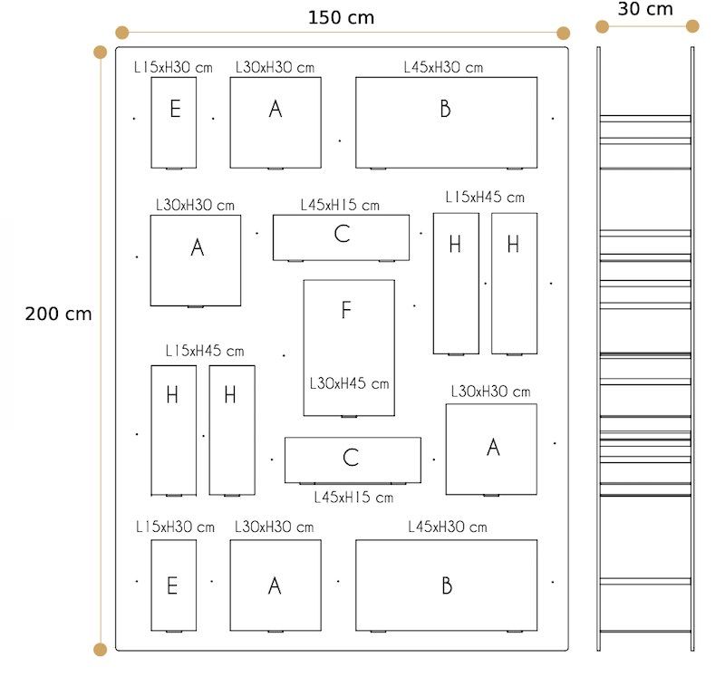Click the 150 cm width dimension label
[x=341, y=17]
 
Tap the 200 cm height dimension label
[x=59, y=314]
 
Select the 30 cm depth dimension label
[x=645, y=9]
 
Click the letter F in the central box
[x=345, y=311]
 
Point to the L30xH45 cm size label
[x=349, y=383]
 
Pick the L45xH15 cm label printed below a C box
[x=353, y=497]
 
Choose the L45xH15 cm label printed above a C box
[x=340, y=206]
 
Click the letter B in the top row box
[x=445, y=109]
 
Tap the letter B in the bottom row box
[x=446, y=585]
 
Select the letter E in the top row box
[x=175, y=110]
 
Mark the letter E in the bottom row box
[x=172, y=585]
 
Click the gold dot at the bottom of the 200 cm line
[x=101, y=649]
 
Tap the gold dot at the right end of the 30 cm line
[x=693, y=26]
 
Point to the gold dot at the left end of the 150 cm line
[x=122, y=33]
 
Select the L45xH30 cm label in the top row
[x=443, y=67]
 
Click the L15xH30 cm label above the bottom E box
[x=175, y=527]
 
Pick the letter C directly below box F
[x=351, y=458]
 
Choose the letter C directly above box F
[x=342, y=234]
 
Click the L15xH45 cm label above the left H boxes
[x=204, y=351]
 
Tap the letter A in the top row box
[x=275, y=109]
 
